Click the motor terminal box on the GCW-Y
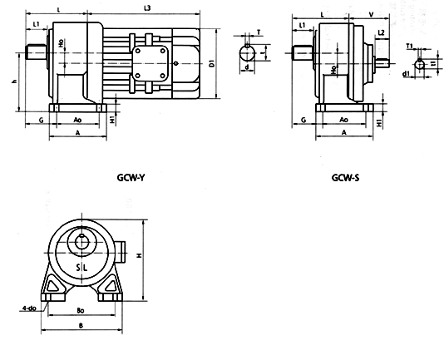point(152,62)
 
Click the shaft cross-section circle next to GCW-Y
point(248,54)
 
